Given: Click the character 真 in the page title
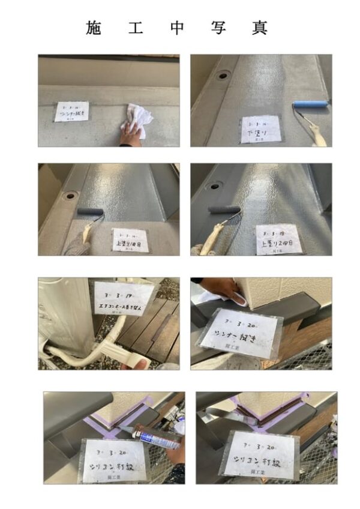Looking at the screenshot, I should click(x=259, y=28).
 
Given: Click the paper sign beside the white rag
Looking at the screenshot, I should click(x=71, y=111).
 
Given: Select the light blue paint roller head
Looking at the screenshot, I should click(x=310, y=104).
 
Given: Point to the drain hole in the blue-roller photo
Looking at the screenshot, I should click(x=223, y=76).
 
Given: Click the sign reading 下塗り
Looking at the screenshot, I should click(x=260, y=129).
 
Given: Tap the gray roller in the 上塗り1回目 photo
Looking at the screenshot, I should click(x=90, y=211).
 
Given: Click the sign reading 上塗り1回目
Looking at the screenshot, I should click(x=130, y=239).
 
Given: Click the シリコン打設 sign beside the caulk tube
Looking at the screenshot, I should click(x=115, y=459).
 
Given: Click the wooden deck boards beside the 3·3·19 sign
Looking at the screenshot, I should click(x=156, y=327).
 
